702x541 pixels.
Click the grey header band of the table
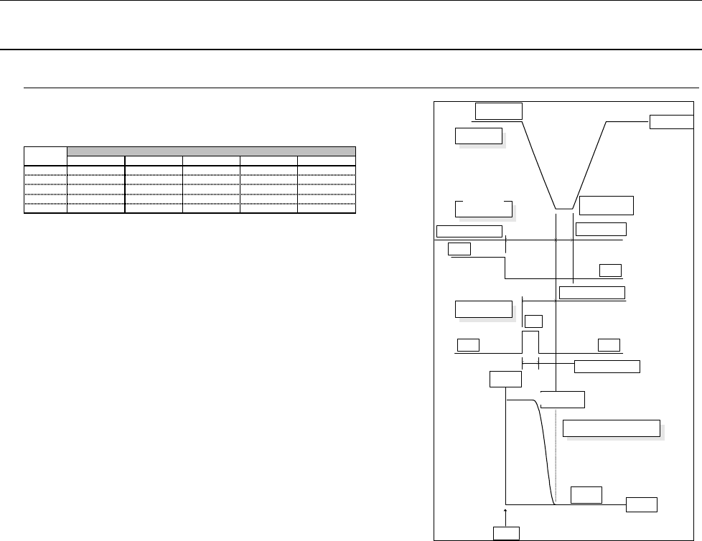[211, 151]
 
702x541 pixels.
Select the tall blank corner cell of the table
[45, 156]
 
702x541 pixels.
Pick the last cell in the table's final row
[327, 210]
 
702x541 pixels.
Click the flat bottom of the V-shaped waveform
[564, 209]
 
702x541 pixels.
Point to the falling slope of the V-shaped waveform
[538, 165]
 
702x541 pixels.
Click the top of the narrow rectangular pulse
[530, 332]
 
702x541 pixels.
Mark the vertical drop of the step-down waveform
[506, 265]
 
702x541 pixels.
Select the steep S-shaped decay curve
[546, 452]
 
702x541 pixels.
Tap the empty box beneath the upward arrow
[506, 532]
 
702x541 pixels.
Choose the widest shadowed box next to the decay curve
[612, 428]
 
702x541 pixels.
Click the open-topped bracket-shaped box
[484, 209]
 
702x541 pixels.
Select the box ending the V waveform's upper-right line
[672, 122]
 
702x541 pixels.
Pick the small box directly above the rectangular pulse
[533, 321]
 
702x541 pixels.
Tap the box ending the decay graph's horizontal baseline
[641, 504]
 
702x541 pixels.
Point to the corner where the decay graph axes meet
[506, 504]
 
